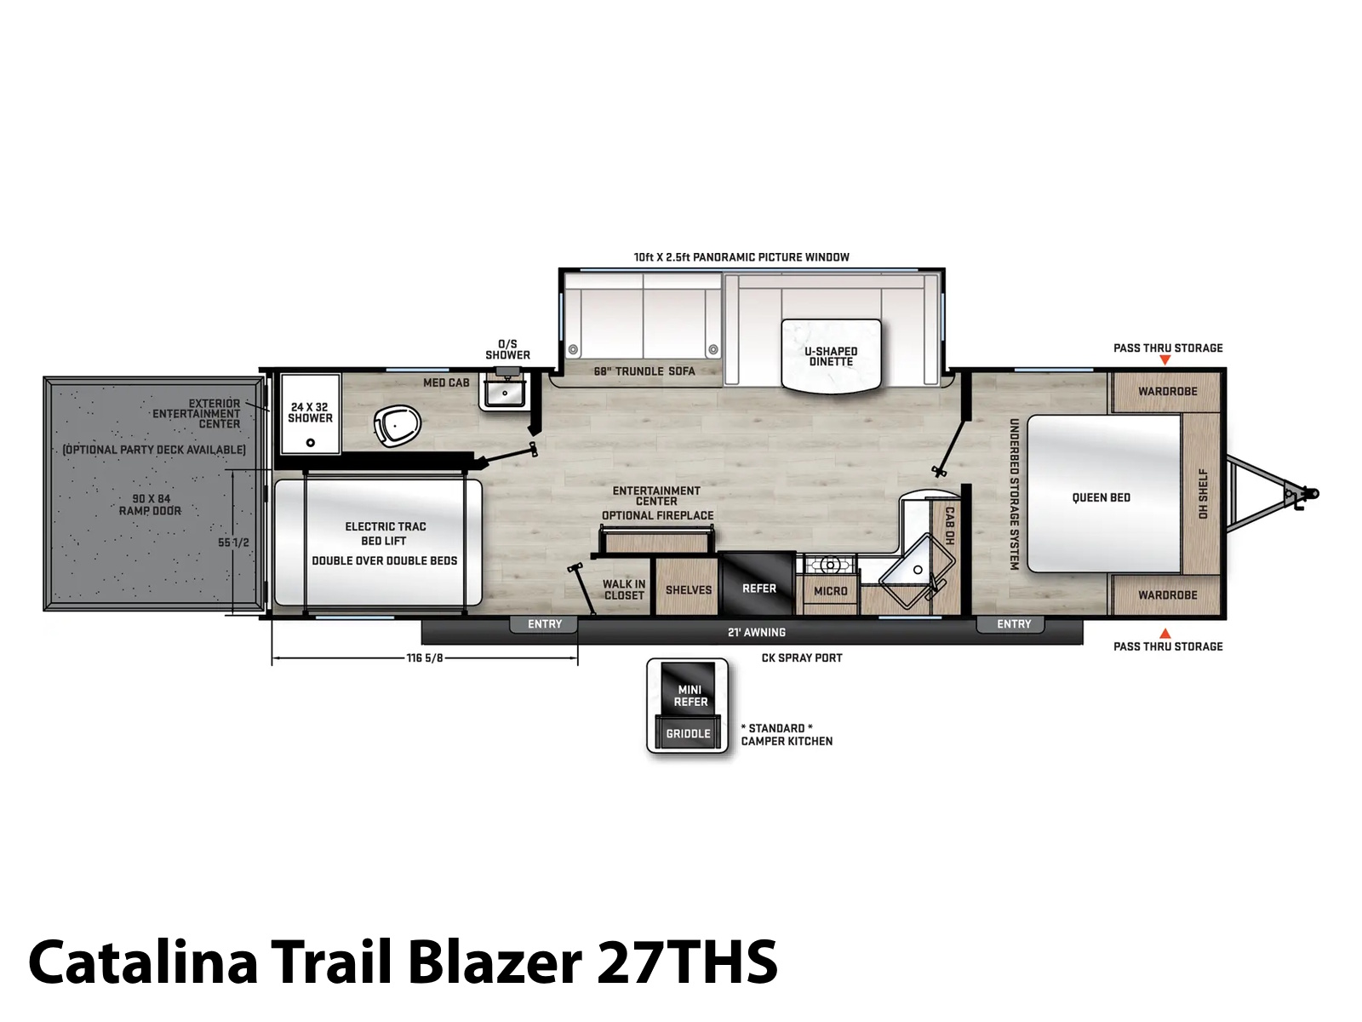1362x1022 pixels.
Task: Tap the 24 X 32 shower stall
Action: point(310,413)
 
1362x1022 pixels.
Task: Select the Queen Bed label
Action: point(1102,497)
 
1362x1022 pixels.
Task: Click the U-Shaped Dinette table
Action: point(831,356)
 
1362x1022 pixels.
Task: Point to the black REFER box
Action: point(758,583)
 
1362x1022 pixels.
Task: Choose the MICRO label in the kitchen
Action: point(830,591)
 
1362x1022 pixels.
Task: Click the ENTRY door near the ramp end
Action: point(544,624)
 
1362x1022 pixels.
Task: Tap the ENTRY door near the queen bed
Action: point(1013,624)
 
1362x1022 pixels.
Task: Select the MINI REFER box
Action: point(689,688)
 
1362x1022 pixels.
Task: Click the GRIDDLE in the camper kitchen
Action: point(688,732)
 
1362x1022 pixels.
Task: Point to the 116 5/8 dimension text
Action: point(425,657)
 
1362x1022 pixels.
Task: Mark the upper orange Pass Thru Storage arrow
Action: point(1165,360)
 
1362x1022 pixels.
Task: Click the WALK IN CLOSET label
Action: point(624,589)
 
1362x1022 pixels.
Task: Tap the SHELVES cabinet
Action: point(688,588)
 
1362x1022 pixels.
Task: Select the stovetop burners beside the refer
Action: point(830,565)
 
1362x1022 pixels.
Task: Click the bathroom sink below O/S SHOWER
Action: point(505,393)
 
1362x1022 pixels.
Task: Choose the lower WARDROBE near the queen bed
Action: point(1167,594)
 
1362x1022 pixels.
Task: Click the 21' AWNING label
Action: point(757,632)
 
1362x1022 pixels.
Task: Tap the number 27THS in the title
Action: point(687,962)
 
